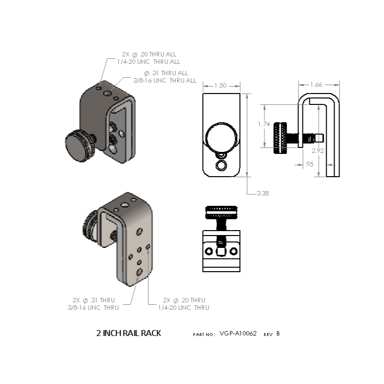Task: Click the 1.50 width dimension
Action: coord(220,85)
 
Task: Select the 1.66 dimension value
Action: coord(316,85)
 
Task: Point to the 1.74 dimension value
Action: coord(264,124)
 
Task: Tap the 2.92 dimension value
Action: coord(318,151)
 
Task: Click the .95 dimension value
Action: coord(309,164)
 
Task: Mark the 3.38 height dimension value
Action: coord(263,193)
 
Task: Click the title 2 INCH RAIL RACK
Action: coord(128,333)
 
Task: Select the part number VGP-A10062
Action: coord(238,333)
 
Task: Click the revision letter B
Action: coord(278,334)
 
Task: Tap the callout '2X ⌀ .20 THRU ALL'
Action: coord(149,54)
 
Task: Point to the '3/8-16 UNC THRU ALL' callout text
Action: coord(165,81)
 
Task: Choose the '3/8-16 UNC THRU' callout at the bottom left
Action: coord(93,307)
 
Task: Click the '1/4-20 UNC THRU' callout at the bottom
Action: coord(184,307)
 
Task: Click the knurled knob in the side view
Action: coord(280,138)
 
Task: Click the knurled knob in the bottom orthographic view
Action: coord(221,212)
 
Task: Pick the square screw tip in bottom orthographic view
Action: coord(221,251)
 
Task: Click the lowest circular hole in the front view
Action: coord(221,165)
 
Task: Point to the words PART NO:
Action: coord(204,335)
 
